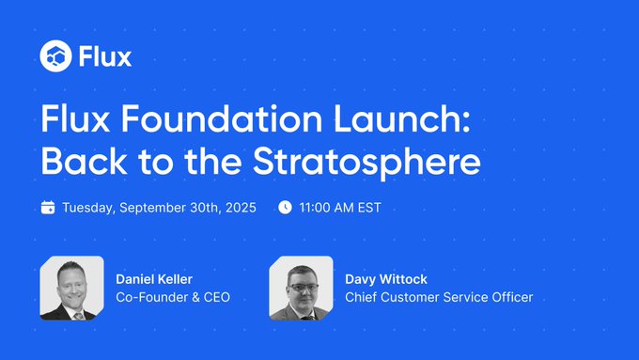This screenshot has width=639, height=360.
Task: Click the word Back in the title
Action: click(78, 161)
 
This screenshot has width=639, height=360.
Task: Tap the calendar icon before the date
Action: click(48, 208)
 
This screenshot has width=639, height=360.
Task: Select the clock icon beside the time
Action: click(286, 208)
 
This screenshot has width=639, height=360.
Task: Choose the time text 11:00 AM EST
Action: click(340, 208)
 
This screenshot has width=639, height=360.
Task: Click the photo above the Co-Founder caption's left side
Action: click(71, 288)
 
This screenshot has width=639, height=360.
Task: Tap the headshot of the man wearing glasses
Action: click(301, 288)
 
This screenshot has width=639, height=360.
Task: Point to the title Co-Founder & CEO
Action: click(173, 298)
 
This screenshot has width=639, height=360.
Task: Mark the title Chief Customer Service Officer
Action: click(439, 298)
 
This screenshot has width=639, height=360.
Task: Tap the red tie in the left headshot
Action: click(78, 313)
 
